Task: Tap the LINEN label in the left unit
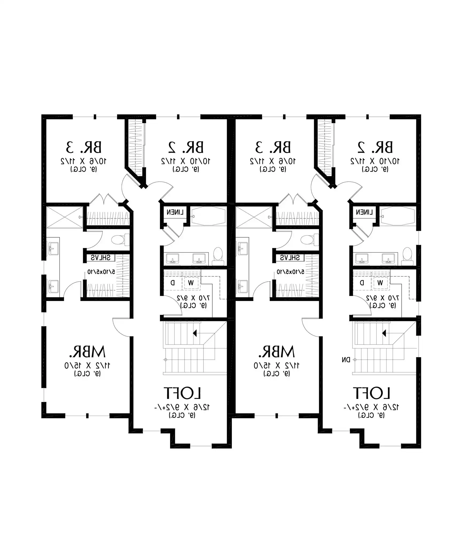[x=175, y=212]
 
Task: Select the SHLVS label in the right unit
[x=290, y=258]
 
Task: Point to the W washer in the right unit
[x=380, y=283]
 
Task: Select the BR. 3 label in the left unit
[x=84, y=147]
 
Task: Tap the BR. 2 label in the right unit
[x=375, y=147]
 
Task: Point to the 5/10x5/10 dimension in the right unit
[x=291, y=272]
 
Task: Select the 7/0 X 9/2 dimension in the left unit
[x=193, y=298]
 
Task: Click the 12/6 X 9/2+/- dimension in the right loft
[x=371, y=407]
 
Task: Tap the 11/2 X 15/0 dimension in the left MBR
[x=87, y=366]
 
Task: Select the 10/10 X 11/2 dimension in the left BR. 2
[x=186, y=161]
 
